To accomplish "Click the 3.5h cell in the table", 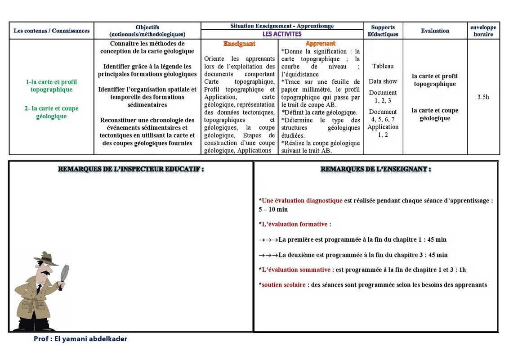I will point(483,97).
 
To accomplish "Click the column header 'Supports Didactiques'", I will point(383,31).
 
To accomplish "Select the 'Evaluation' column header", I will point(435,31).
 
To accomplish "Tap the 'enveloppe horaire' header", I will point(483,31).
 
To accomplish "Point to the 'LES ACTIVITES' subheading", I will point(282,34).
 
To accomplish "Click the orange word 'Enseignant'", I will point(239,44).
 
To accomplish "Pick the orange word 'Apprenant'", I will point(320,44).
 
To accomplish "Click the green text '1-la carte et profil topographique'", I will point(51,85).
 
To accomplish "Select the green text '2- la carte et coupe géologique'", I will point(51,112).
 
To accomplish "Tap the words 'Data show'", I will point(383,81).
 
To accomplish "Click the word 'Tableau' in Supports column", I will point(383,66).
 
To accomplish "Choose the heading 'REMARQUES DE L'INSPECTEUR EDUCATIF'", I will point(131,169).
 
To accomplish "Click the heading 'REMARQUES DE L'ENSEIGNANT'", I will point(375,169).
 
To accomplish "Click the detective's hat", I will point(46,258).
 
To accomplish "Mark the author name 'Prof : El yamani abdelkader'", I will point(80,339).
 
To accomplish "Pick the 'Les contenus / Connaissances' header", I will point(51,31).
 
